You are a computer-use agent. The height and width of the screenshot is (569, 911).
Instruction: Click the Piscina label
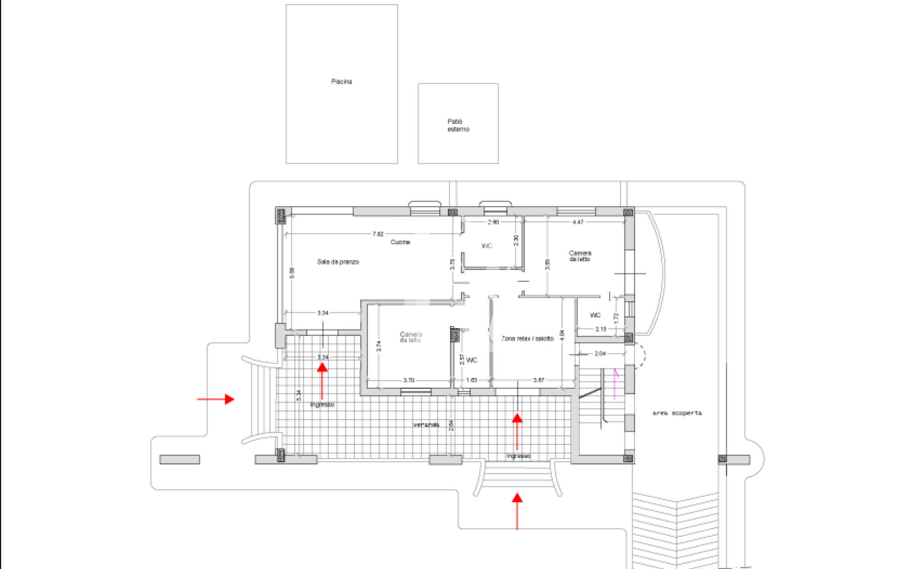coord(341,82)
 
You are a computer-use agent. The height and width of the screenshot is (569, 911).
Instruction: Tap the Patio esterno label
coord(458,125)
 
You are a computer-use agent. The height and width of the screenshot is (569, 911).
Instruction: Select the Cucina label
coord(400,242)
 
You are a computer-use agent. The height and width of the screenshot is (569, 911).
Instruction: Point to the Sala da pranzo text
coord(338,262)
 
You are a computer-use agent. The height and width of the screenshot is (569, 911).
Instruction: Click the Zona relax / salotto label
coord(527,339)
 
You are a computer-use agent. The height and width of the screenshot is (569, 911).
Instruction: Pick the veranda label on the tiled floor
coord(426,425)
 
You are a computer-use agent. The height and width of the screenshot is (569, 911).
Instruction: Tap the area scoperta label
coord(677,413)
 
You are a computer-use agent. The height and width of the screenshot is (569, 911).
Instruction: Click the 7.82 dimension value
coord(378,234)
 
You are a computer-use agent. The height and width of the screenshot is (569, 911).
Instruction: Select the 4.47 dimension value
coord(577,222)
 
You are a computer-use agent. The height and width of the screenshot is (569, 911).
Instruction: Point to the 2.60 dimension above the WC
coord(493,222)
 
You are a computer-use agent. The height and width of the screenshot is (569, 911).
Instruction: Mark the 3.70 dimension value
coord(409,380)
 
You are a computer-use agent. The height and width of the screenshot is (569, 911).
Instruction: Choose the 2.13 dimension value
coord(601,329)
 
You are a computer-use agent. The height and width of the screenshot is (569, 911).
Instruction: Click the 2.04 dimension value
coord(600,354)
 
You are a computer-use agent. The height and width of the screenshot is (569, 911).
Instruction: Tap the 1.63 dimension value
coord(471,380)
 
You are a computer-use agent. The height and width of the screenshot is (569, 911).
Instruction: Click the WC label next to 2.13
coord(595,315)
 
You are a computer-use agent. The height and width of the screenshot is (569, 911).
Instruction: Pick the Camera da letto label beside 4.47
coord(580,256)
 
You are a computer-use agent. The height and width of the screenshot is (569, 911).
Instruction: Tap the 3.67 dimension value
coord(539,380)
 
